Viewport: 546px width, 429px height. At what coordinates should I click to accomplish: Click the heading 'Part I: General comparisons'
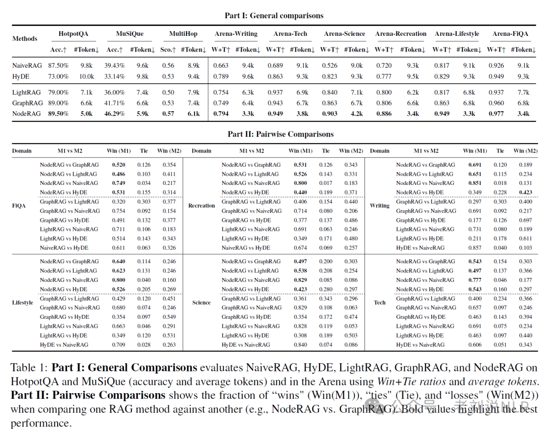pos(274,16)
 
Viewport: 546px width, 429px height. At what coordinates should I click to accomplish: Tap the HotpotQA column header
pos(73,34)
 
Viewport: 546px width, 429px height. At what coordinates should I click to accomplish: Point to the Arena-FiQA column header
pos(511,34)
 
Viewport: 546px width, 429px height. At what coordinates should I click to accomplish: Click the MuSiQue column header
pos(130,34)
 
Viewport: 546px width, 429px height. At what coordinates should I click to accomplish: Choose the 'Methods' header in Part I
pos(25,38)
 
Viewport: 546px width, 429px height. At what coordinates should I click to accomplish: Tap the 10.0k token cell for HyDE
pos(86,76)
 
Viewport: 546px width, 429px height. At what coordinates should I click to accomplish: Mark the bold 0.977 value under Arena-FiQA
pos(496,114)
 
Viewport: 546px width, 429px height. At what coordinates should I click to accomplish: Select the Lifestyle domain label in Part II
pos(22,303)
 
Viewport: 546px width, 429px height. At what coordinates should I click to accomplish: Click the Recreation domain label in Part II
pos(201,206)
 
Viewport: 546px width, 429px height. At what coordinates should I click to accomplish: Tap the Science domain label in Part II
pos(201,303)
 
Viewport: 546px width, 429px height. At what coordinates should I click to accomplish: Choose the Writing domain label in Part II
pos(380,206)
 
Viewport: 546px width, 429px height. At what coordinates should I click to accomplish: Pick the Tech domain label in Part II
pos(380,303)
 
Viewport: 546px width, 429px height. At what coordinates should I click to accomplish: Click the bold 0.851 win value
pos(475,183)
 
